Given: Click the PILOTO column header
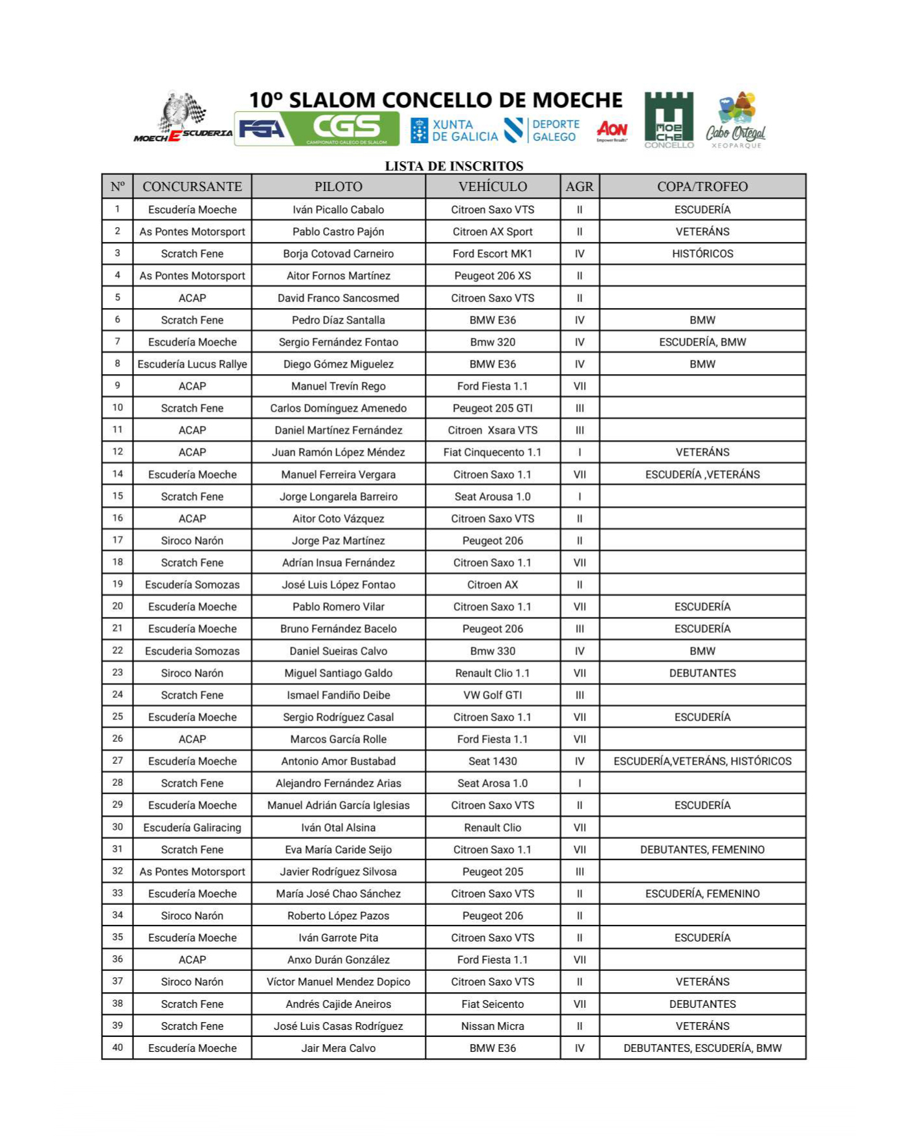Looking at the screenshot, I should click(x=338, y=186).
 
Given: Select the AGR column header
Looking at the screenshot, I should click(x=579, y=186).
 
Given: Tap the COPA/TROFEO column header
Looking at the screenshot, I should click(x=702, y=186).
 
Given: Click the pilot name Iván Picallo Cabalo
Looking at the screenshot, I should click(x=338, y=210).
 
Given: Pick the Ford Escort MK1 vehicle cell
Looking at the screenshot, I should click(x=492, y=254).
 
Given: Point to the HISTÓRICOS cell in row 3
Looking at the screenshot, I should click(x=702, y=254).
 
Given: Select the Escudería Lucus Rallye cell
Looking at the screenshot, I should click(x=192, y=364).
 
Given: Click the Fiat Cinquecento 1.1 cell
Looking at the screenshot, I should click(x=492, y=452).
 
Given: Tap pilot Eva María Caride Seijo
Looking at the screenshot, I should click(x=338, y=849).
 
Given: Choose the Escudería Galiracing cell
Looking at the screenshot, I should click(x=192, y=827).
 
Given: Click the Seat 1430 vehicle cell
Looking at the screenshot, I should click(x=492, y=761).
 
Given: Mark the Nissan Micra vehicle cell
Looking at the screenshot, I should click(x=492, y=1026).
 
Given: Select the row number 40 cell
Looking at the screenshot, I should click(x=117, y=1047).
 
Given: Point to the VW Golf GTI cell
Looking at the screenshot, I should click(x=492, y=695).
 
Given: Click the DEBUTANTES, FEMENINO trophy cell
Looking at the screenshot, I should click(x=702, y=849).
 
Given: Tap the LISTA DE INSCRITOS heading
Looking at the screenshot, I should click(x=454, y=166).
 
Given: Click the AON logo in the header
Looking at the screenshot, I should click(x=612, y=130).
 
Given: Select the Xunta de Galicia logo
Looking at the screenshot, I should click(x=454, y=130).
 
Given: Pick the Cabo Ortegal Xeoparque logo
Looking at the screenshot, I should click(x=736, y=121).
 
